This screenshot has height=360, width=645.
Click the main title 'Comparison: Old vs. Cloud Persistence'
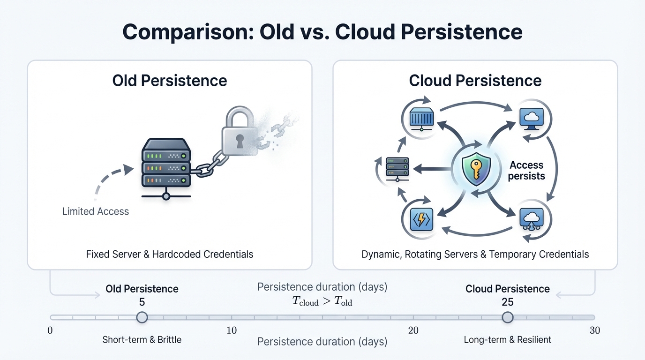(x=322, y=32)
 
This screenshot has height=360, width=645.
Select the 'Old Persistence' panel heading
(x=170, y=81)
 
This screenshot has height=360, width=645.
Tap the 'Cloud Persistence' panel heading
(x=475, y=81)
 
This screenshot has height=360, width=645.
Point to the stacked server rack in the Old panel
(x=166, y=164)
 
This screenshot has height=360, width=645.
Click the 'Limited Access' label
(x=96, y=211)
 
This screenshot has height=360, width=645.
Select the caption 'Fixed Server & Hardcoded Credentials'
(x=170, y=255)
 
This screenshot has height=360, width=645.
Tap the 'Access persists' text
(x=526, y=171)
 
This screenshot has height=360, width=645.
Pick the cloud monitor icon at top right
(x=532, y=118)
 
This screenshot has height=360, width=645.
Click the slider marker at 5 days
(x=142, y=317)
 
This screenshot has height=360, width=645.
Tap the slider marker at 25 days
(x=508, y=317)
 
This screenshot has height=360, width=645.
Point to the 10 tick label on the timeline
(x=232, y=330)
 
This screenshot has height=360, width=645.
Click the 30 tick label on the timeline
(x=594, y=330)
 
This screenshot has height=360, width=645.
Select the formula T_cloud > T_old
(x=322, y=302)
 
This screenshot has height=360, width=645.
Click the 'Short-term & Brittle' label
(x=142, y=340)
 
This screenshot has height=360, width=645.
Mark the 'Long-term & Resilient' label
(x=508, y=340)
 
